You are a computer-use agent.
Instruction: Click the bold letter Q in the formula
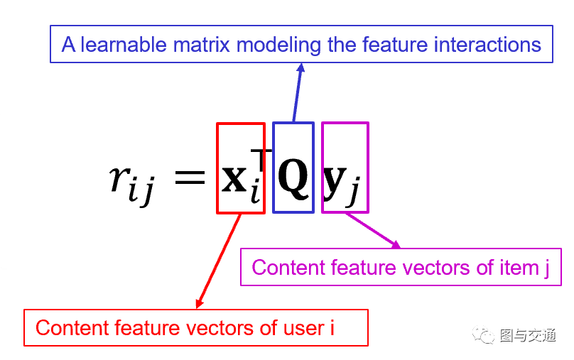click(293, 178)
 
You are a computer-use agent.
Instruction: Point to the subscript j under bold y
click(353, 194)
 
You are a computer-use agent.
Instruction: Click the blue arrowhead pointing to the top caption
click(301, 67)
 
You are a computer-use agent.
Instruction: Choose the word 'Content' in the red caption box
click(69, 328)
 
